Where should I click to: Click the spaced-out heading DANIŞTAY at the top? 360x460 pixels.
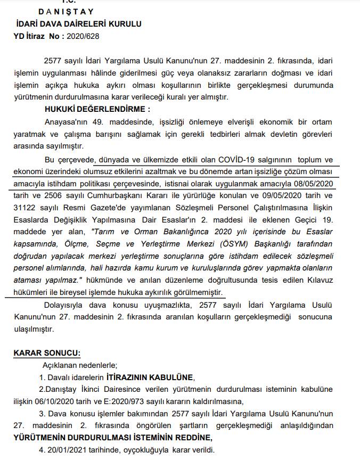point(67,11)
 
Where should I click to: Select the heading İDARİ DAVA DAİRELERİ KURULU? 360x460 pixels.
point(79,24)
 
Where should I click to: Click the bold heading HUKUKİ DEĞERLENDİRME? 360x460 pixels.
point(97,109)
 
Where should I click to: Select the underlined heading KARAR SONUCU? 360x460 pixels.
point(47,352)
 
